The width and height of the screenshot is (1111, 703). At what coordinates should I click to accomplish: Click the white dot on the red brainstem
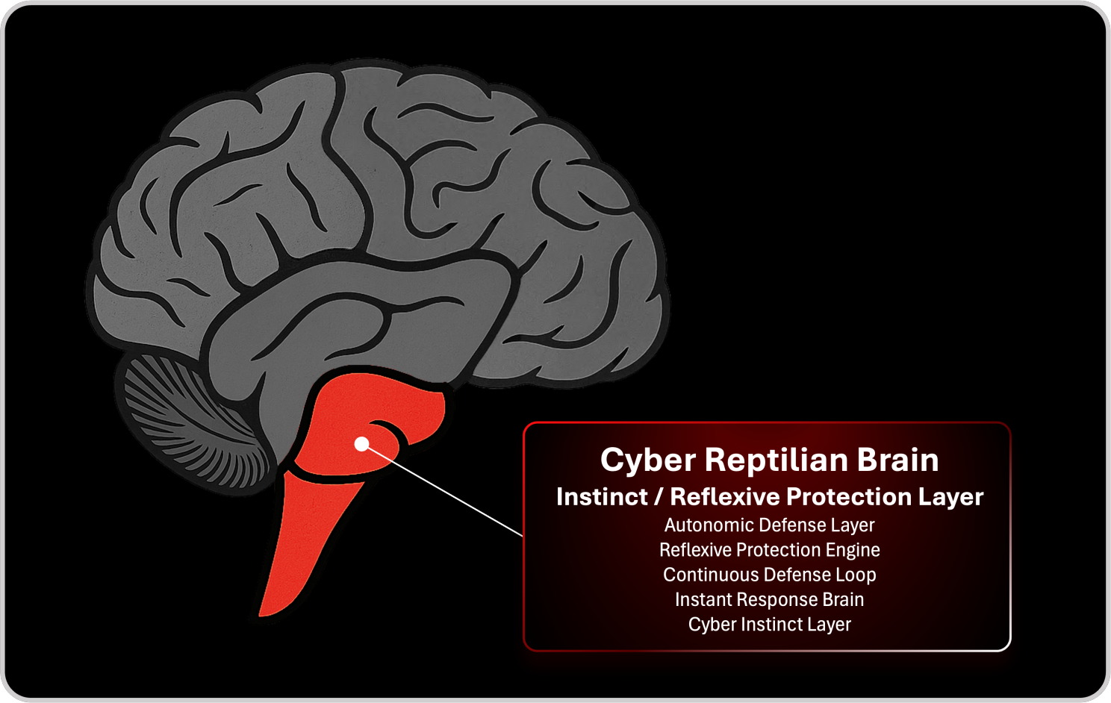click(362, 444)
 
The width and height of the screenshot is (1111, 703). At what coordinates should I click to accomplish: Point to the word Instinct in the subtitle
click(602, 497)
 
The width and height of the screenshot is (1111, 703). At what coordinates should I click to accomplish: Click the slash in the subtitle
click(659, 497)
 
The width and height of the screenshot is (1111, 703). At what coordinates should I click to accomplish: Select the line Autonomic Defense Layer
click(769, 525)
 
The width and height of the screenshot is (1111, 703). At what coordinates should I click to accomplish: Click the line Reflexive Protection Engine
click(769, 550)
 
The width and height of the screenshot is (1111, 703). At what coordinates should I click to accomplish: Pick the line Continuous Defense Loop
click(769, 575)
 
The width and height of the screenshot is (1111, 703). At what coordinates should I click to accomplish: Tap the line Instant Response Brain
click(769, 599)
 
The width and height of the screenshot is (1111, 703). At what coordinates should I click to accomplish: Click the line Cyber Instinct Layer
click(769, 625)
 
